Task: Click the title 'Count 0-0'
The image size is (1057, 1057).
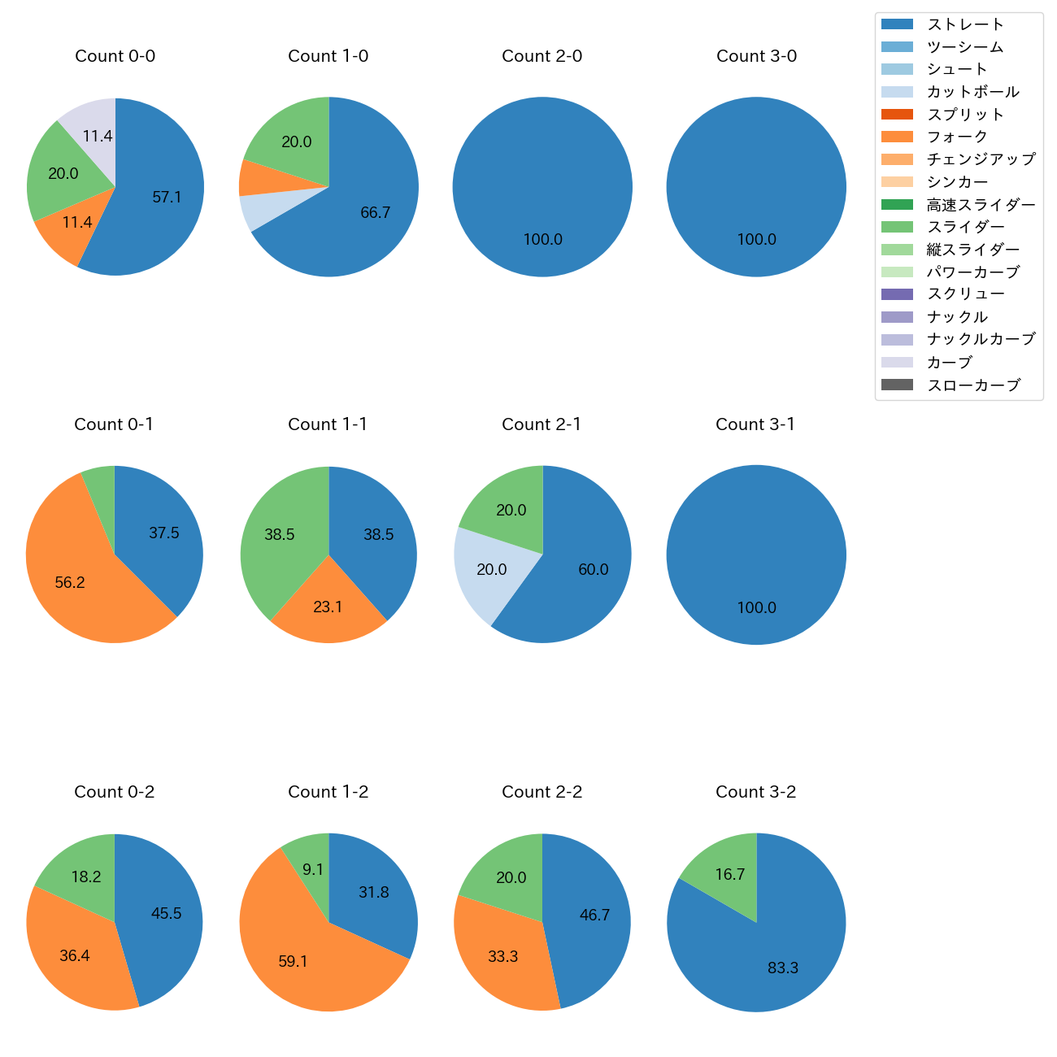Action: (115, 56)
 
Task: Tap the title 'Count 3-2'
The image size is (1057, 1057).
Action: (755, 792)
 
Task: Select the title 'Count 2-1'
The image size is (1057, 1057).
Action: (542, 424)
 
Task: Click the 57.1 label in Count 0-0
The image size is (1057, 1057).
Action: (167, 197)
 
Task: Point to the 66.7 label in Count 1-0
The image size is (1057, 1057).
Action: (375, 213)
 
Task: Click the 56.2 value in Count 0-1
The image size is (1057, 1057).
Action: (70, 583)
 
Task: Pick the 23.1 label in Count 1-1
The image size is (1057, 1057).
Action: (328, 607)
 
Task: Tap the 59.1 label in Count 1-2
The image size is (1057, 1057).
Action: (293, 962)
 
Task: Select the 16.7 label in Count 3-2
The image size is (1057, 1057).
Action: (730, 875)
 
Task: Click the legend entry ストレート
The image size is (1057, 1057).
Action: (965, 24)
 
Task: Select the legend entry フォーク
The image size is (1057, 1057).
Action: (957, 137)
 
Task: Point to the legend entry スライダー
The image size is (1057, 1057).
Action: (965, 227)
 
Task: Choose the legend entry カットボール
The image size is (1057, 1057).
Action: (972, 92)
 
